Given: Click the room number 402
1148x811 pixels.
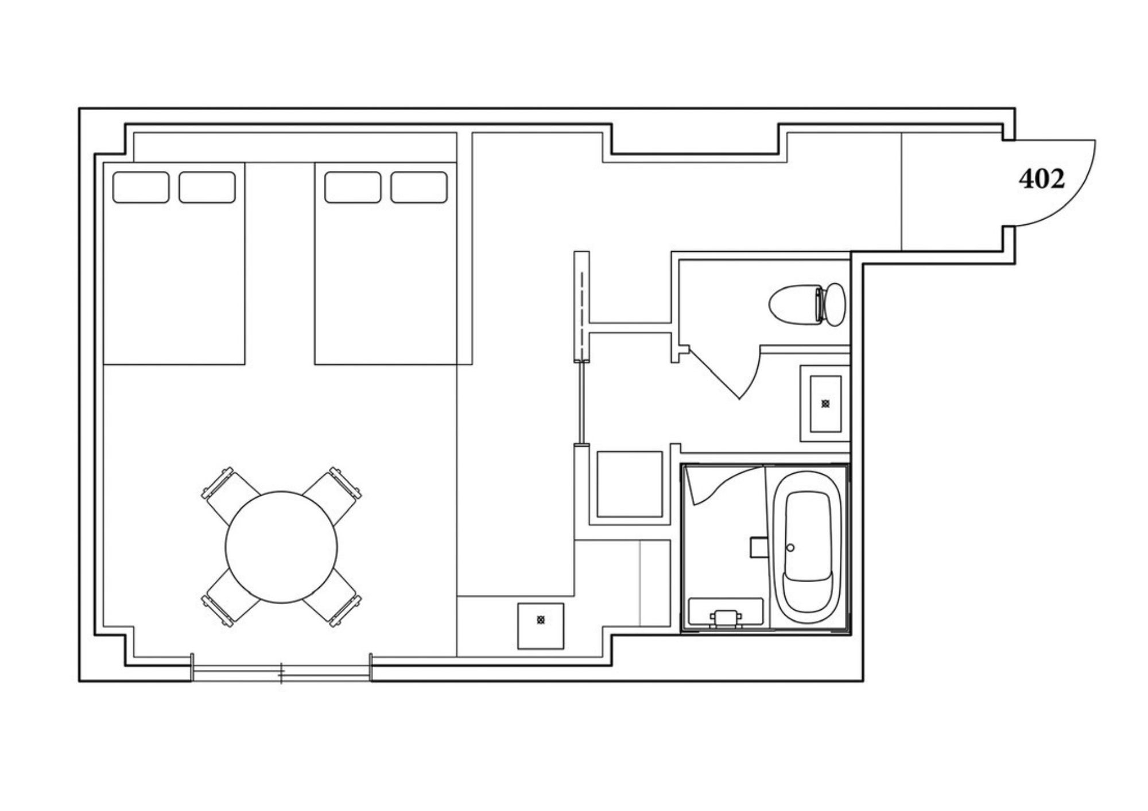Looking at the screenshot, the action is pos(1042,179).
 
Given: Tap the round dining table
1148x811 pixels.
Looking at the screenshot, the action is pos(281,547).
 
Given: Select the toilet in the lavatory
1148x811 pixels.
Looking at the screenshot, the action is pos(807,305).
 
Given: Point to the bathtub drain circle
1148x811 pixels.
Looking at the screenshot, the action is pos(790,548).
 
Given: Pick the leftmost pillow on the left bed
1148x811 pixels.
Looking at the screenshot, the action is pos(141,187).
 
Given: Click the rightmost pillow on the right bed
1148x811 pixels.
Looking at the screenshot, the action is pos(419,187).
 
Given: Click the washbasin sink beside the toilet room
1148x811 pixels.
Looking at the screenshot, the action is pos(825,403).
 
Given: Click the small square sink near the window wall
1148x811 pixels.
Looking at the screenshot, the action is pos(540,626).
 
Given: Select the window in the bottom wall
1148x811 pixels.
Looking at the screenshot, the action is pos(281,673).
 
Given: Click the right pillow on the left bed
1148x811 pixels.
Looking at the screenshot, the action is pos(207,187).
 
